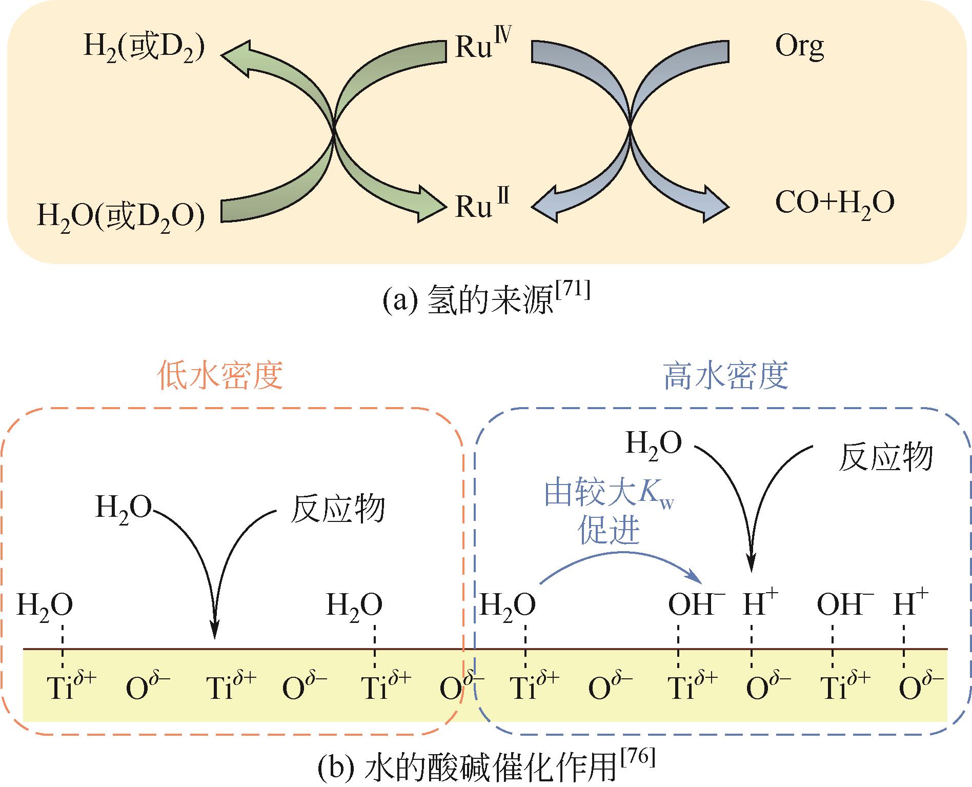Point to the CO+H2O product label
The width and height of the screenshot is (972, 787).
click(835, 204)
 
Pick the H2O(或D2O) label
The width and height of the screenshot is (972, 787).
click(121, 216)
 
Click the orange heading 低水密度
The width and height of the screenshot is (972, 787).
click(221, 376)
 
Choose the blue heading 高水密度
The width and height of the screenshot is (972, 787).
click(725, 376)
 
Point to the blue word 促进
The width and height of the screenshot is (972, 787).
click(609, 531)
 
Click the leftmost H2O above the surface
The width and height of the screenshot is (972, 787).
click(45, 606)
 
